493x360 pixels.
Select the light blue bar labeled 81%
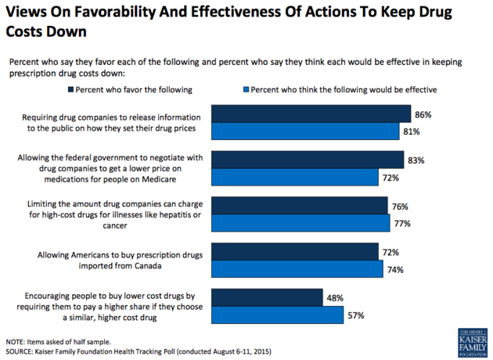pyautogui.click(x=305, y=132)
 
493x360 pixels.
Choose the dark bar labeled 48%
pyautogui.click(x=267, y=297)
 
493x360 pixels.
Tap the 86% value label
pyautogui.click(x=423, y=114)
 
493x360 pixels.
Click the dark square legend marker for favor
pyautogui.click(x=71, y=90)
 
